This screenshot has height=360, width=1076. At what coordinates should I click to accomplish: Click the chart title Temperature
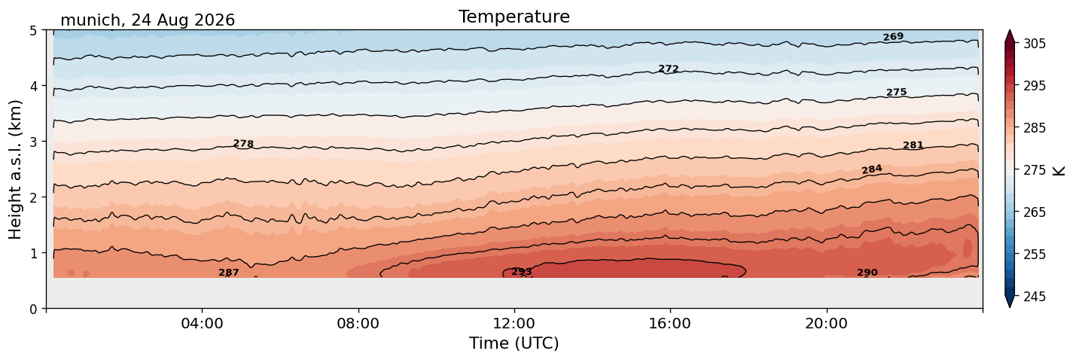click(x=514, y=17)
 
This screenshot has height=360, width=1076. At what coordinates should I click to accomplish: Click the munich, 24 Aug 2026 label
click(x=148, y=20)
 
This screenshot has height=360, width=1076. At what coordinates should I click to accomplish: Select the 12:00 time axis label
click(x=514, y=323)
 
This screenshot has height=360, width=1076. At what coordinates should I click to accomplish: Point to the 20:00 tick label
click(x=826, y=323)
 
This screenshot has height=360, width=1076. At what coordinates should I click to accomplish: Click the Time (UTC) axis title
click(x=514, y=343)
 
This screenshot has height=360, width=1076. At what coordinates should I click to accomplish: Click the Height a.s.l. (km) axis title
click(x=15, y=169)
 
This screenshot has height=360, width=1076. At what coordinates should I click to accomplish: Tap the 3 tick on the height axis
click(x=33, y=142)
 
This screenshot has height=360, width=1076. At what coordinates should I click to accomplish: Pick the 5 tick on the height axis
click(x=33, y=31)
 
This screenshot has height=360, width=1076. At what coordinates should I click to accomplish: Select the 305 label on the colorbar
click(x=1034, y=44)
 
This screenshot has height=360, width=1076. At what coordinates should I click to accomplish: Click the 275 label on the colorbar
click(x=1034, y=170)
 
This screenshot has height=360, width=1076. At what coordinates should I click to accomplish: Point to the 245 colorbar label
click(x=1034, y=297)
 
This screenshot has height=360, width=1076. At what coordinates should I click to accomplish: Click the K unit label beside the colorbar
click(x=1058, y=171)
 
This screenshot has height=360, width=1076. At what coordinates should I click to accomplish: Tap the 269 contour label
click(x=893, y=37)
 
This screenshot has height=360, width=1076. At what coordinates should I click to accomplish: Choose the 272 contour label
click(x=668, y=69)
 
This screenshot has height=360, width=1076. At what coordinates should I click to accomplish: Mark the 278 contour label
click(x=243, y=143)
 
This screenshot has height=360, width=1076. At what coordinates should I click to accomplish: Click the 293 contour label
click(x=522, y=272)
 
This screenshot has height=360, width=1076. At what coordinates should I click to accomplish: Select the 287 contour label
click(x=229, y=273)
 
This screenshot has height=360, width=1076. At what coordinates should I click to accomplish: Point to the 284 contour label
click(x=872, y=169)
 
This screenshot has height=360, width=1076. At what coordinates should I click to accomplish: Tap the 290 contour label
click(x=867, y=273)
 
